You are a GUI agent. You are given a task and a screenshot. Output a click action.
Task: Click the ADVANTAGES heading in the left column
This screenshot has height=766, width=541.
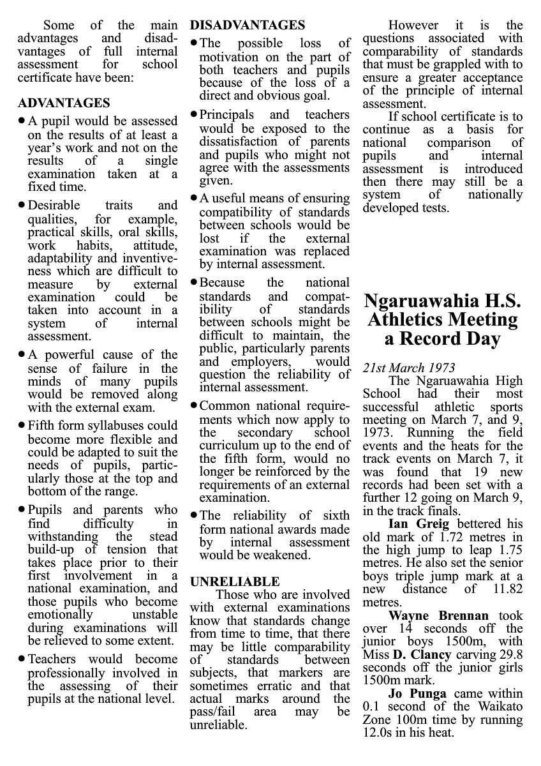64,103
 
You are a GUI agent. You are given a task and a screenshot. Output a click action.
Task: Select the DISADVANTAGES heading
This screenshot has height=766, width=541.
248,26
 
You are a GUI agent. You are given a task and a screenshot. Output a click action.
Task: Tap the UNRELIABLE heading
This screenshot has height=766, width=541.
235,582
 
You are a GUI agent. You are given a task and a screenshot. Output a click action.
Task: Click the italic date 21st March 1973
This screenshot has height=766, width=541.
409,368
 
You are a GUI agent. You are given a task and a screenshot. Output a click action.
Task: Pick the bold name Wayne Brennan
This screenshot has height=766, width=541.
438,616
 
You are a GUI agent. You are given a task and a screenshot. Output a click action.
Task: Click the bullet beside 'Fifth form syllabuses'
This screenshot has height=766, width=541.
22,424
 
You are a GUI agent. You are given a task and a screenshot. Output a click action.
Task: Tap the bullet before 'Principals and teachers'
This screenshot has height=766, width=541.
194,115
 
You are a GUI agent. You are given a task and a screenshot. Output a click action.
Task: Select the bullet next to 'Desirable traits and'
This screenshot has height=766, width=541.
22,205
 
